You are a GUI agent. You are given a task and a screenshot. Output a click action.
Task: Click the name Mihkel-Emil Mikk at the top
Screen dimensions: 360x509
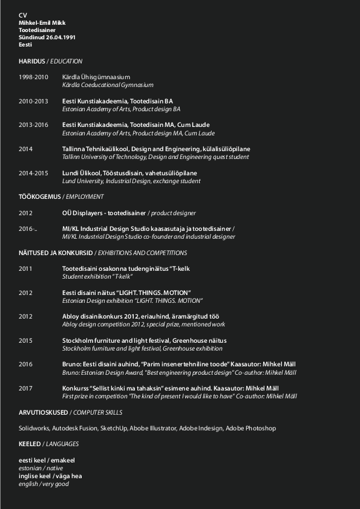coord(42,23)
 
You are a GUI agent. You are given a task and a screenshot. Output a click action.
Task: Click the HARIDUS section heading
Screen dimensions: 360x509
coord(32,61)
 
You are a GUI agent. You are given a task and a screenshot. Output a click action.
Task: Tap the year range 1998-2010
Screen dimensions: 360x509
coord(33,77)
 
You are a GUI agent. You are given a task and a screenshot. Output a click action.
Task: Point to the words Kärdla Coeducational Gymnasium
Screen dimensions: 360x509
coord(108,85)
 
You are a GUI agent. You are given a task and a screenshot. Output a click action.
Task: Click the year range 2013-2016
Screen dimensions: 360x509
coord(33,125)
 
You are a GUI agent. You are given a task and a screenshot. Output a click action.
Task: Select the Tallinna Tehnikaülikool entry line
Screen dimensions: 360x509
coord(155,149)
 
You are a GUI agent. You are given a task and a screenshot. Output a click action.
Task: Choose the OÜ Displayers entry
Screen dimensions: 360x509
coord(104,213)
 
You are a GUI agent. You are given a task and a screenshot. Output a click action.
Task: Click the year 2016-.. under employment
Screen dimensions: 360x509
coord(28,229)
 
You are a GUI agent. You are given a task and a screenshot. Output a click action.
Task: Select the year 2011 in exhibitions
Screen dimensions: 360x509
coord(25,268)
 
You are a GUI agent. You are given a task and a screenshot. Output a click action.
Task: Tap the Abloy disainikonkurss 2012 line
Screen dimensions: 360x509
coord(149,316)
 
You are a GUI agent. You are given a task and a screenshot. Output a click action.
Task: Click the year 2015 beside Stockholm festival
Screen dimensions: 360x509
coord(25,340)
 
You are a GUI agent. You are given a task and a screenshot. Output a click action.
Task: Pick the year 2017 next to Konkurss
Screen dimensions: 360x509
coord(25,388)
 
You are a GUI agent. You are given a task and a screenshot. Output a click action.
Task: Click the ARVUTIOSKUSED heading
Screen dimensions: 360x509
coord(43,412)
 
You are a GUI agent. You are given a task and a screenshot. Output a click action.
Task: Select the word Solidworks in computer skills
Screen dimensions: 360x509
coord(34,428)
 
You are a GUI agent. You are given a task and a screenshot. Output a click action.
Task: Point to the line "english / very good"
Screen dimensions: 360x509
coord(44,484)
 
